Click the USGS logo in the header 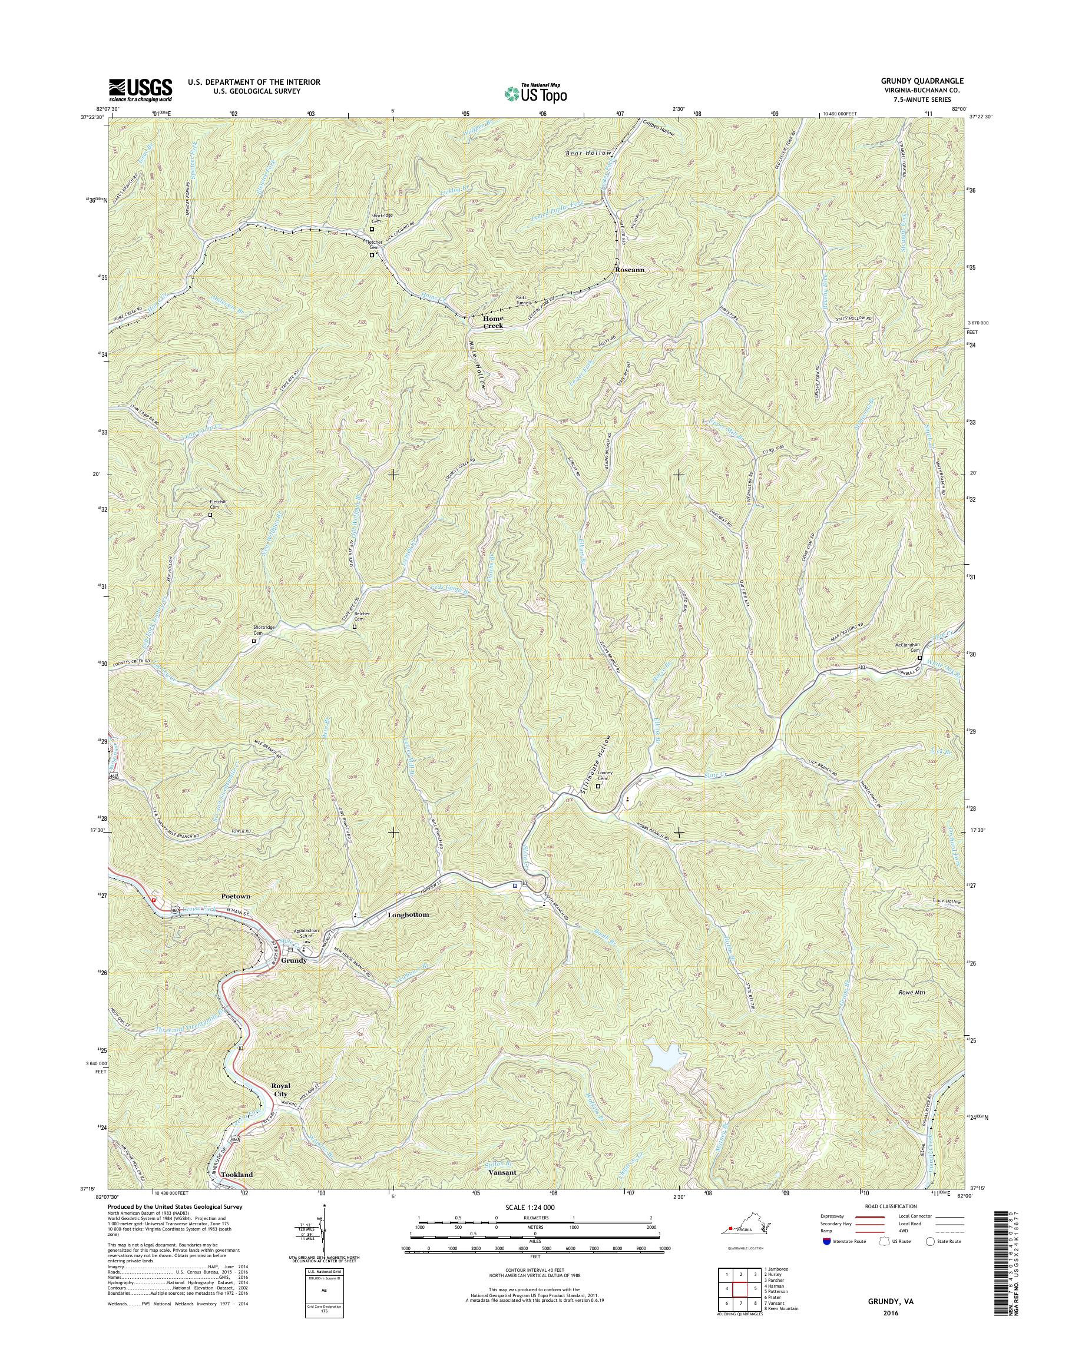pyautogui.click(x=141, y=89)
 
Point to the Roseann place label pyautogui.click(x=630, y=270)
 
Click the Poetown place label pyautogui.click(x=236, y=897)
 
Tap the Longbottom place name pyautogui.click(x=408, y=915)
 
